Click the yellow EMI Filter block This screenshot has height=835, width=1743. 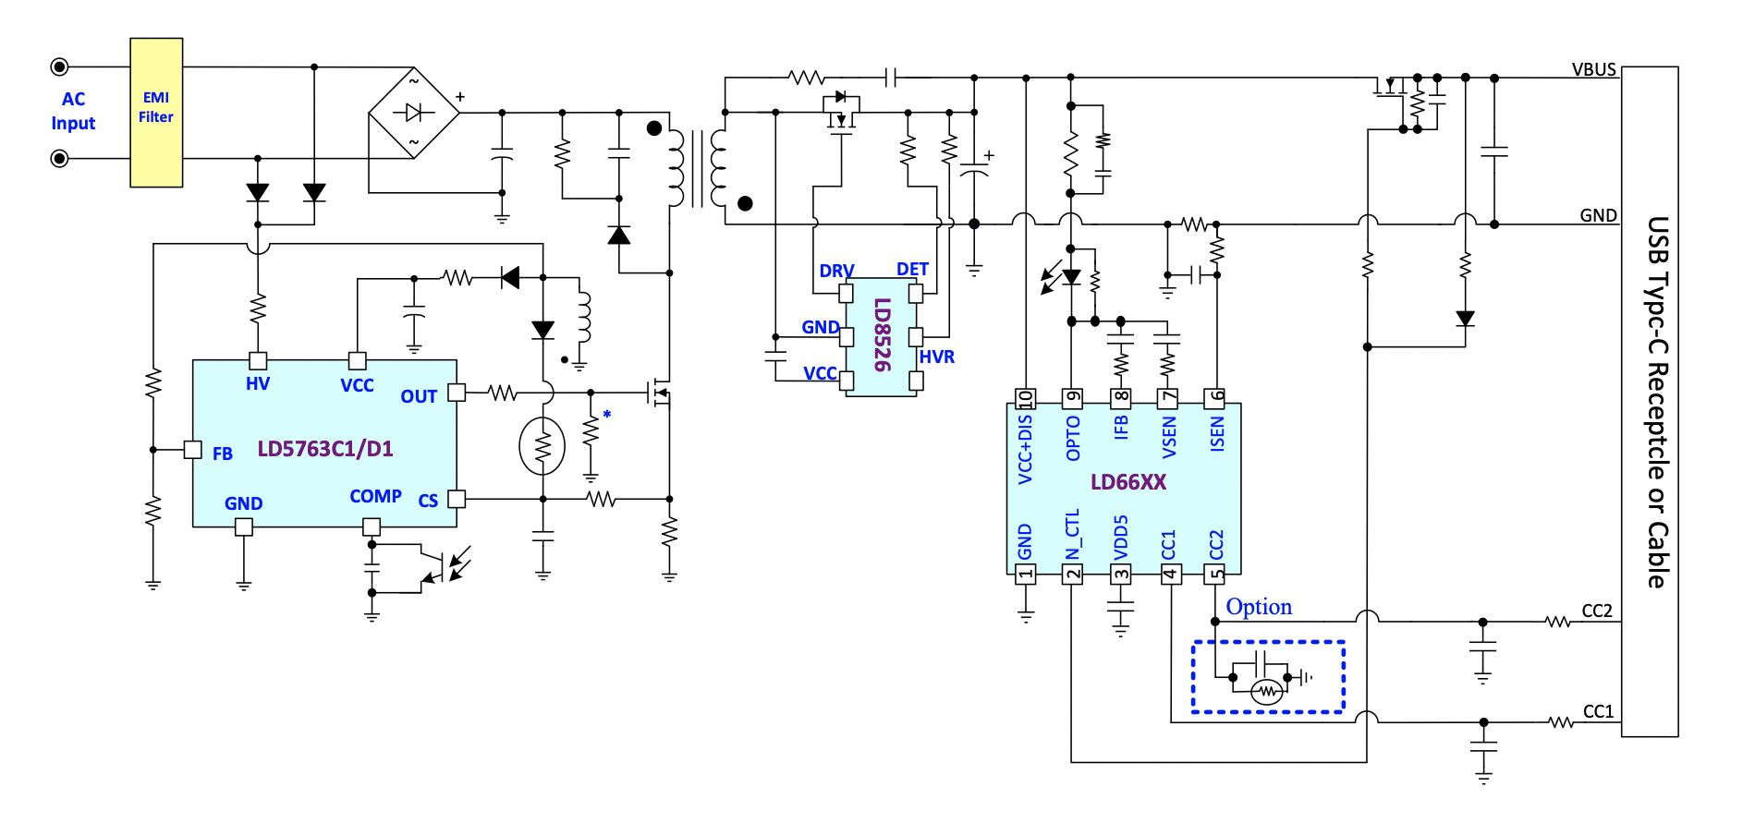[x=156, y=113]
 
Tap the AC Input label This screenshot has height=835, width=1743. [x=73, y=111]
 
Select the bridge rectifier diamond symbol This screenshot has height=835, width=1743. [x=414, y=113]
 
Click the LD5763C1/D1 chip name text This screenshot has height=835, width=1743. [x=325, y=449]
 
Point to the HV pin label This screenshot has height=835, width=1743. [x=258, y=383]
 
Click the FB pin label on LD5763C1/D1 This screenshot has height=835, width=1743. [x=223, y=454]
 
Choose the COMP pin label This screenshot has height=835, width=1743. [x=375, y=496]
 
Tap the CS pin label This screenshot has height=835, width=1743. [x=428, y=501]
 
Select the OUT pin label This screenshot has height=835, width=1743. [x=419, y=396]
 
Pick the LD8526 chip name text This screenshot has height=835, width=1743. [x=883, y=334]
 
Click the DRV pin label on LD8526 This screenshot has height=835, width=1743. [x=836, y=271]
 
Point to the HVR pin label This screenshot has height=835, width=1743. [x=937, y=357]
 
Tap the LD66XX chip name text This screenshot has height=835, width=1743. [x=1128, y=482]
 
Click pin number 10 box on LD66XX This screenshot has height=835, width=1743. [x=1025, y=398]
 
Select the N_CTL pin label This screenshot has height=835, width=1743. [x=1072, y=535]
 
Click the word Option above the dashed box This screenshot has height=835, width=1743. [x=1259, y=607]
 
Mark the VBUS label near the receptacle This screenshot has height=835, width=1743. [x=1594, y=69]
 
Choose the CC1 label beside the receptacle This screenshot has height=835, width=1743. [x=1598, y=711]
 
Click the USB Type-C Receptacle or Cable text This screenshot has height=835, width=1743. [x=1659, y=402]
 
